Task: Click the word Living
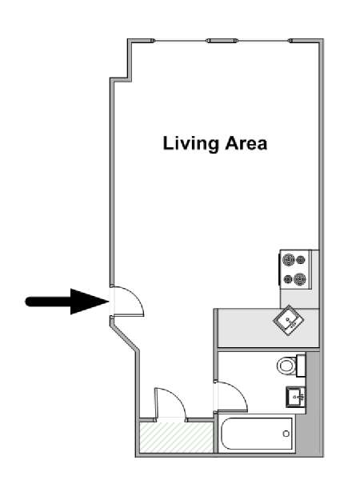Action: click(190, 144)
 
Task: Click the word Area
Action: click(246, 143)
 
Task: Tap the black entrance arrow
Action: click(67, 302)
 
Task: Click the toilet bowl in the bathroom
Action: click(286, 366)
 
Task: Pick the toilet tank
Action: click(301, 366)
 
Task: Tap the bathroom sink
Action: click(296, 397)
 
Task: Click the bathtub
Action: click(256, 434)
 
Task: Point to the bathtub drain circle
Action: click(286, 434)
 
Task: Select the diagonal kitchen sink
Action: click(288, 320)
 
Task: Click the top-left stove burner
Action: click(288, 259)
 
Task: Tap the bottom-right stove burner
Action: click(300, 279)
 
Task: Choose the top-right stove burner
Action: click(302, 259)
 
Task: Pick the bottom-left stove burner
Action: click(288, 279)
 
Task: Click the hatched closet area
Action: click(176, 437)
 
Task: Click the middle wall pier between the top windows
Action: click(222, 41)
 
